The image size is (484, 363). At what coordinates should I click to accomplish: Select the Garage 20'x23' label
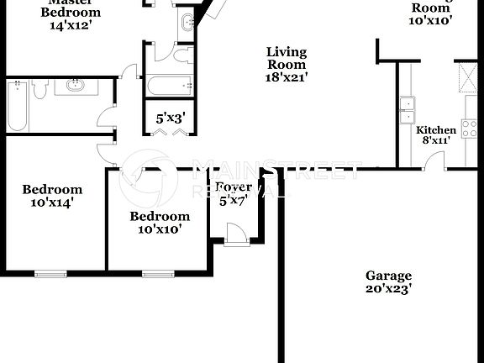(x=388, y=281)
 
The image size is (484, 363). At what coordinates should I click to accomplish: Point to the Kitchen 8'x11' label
(x=437, y=135)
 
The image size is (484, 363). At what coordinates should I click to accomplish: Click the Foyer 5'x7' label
(x=234, y=193)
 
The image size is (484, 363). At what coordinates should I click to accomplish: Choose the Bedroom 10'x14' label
(x=52, y=196)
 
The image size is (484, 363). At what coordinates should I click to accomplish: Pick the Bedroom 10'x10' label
(x=155, y=222)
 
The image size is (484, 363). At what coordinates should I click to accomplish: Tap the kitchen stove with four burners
(x=469, y=129)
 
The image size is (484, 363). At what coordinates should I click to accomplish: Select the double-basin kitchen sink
(x=408, y=106)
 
